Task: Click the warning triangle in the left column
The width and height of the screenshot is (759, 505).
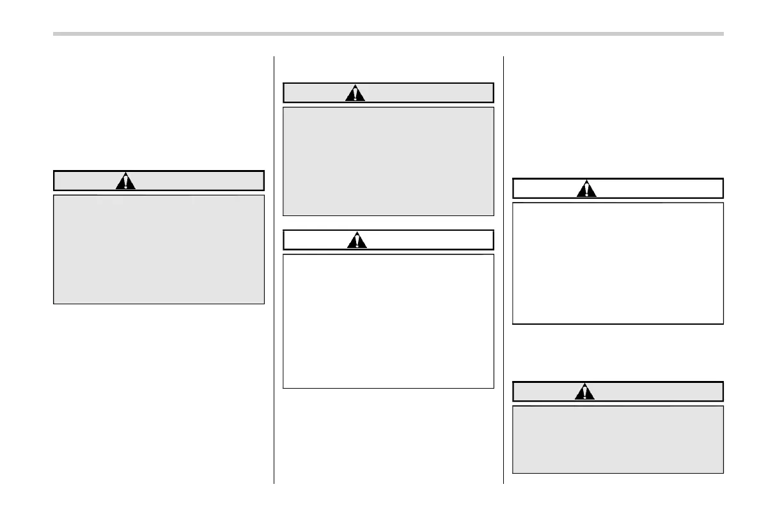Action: (127, 182)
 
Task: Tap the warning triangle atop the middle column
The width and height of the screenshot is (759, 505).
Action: (356, 93)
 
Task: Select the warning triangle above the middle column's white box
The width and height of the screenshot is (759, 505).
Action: (357, 240)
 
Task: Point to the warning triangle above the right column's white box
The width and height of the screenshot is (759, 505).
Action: (586, 189)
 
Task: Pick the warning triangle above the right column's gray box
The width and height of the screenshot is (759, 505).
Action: (585, 392)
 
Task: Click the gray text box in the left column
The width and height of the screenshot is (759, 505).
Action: (159, 249)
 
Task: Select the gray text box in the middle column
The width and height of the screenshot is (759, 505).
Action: (388, 161)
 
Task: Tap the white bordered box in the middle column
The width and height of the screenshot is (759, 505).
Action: (388, 321)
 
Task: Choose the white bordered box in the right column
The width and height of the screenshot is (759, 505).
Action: (618, 263)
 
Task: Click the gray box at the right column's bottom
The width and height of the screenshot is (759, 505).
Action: (618, 439)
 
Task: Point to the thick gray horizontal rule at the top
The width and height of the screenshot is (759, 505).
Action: (388, 34)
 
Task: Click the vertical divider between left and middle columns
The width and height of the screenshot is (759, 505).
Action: (274, 268)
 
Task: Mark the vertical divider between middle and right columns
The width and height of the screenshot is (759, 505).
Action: (504, 268)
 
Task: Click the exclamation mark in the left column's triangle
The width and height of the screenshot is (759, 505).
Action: (127, 182)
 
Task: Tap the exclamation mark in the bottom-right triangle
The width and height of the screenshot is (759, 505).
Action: (585, 392)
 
